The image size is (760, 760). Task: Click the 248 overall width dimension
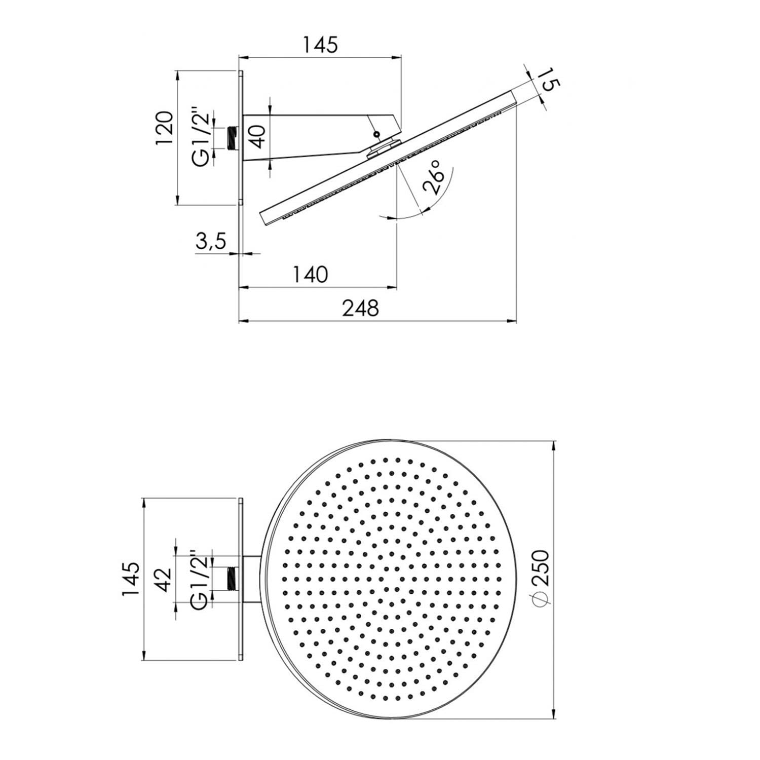point(360,309)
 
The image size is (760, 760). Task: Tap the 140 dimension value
point(310,275)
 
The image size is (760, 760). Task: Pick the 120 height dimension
point(166,128)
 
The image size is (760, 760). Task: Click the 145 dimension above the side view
point(320,46)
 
